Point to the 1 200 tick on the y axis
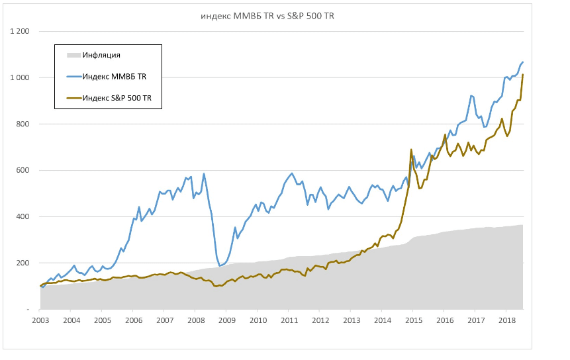(19, 32)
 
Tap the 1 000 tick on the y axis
(19, 78)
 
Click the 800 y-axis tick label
(23, 124)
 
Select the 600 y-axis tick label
(23, 171)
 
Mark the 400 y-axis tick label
(23, 217)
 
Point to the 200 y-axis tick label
(23, 263)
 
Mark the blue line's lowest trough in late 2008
(219, 265)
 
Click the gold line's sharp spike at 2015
(411, 150)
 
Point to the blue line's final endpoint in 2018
(523, 62)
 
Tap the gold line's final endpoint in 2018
(523, 75)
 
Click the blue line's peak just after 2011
(292, 173)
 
